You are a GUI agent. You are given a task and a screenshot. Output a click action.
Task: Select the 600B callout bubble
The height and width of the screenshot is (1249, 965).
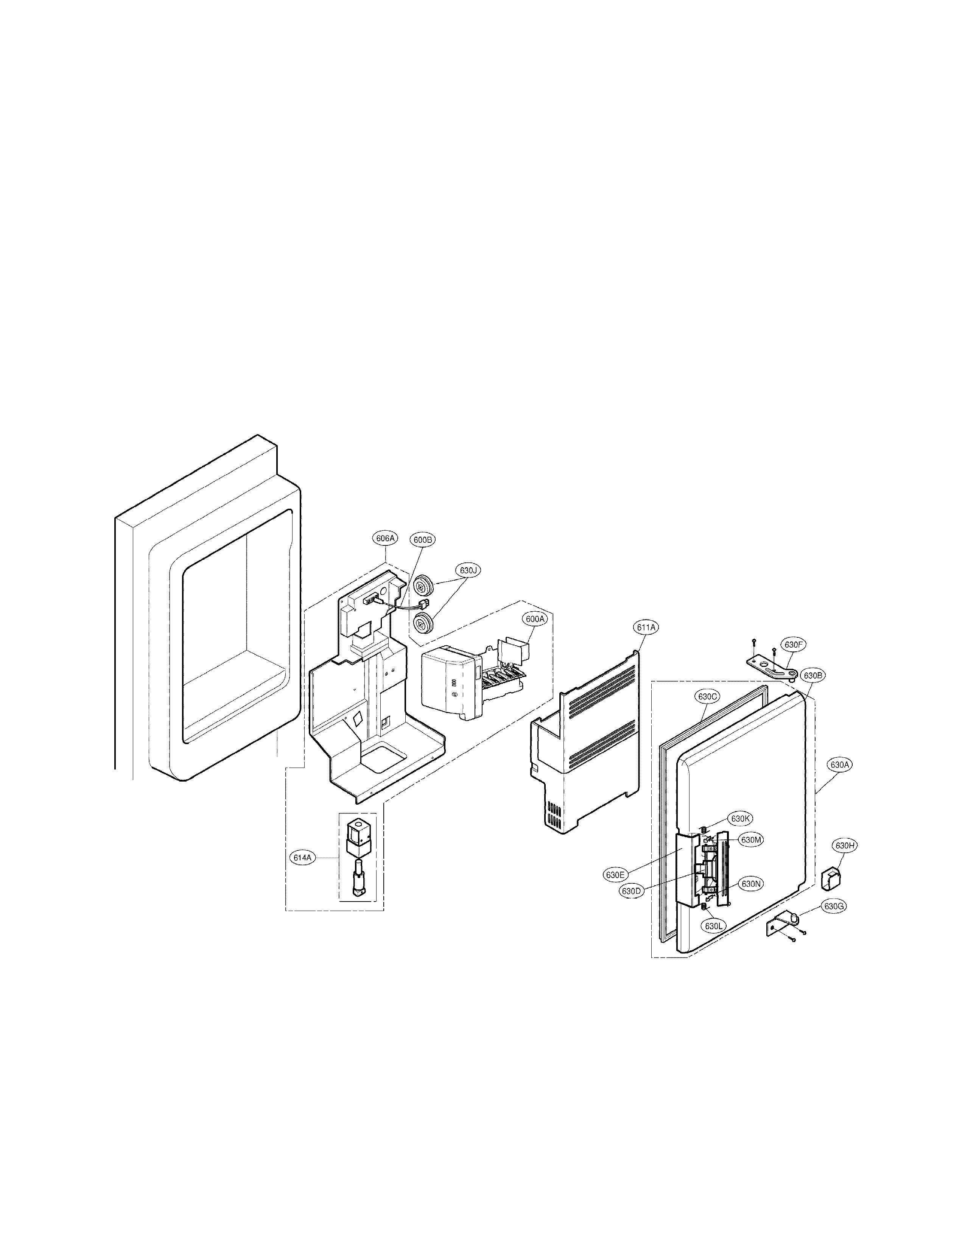pyautogui.click(x=423, y=539)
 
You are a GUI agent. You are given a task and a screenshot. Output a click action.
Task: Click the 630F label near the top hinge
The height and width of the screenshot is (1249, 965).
pyautogui.click(x=794, y=645)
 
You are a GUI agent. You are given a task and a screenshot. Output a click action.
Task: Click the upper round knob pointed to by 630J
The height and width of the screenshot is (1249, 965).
pyautogui.click(x=423, y=586)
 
